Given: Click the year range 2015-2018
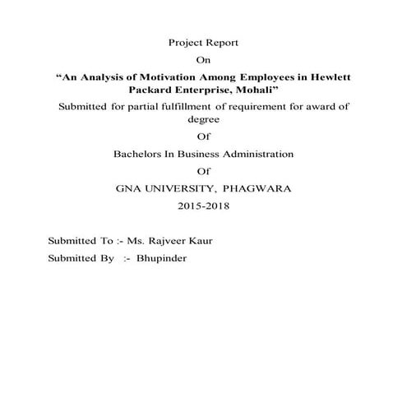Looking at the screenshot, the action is (203, 206).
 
